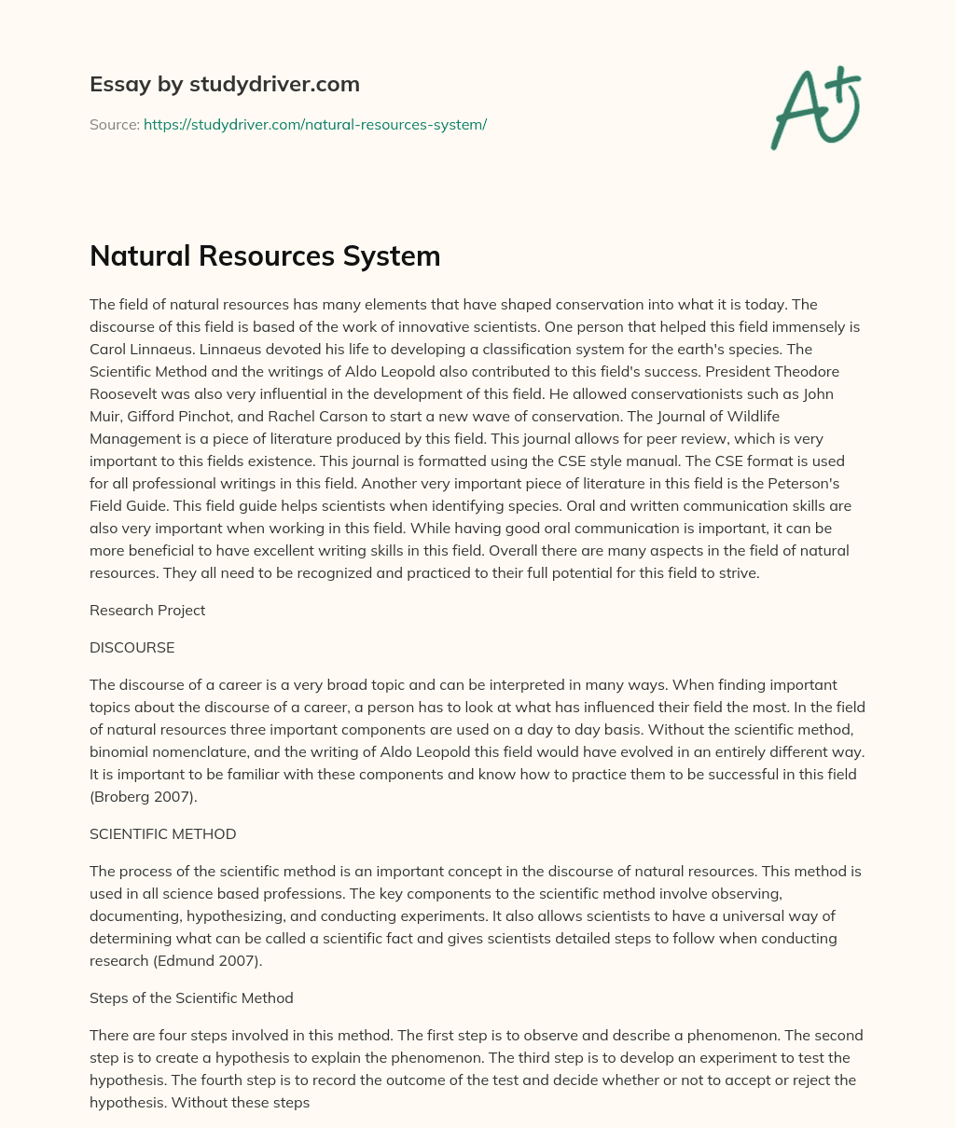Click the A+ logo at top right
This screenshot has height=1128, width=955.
[x=815, y=108]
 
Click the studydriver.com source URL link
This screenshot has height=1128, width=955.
[x=315, y=124]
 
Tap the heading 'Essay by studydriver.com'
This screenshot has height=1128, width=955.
[x=225, y=84]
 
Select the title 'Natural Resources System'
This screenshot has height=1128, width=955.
[x=265, y=256]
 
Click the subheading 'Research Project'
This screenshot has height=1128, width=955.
[x=147, y=611]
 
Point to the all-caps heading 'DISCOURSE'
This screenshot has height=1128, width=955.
[x=131, y=647]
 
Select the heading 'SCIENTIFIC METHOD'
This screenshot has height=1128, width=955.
[x=162, y=834]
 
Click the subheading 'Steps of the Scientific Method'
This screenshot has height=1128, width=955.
[x=191, y=997]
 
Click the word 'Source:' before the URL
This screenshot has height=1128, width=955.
[x=114, y=124]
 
